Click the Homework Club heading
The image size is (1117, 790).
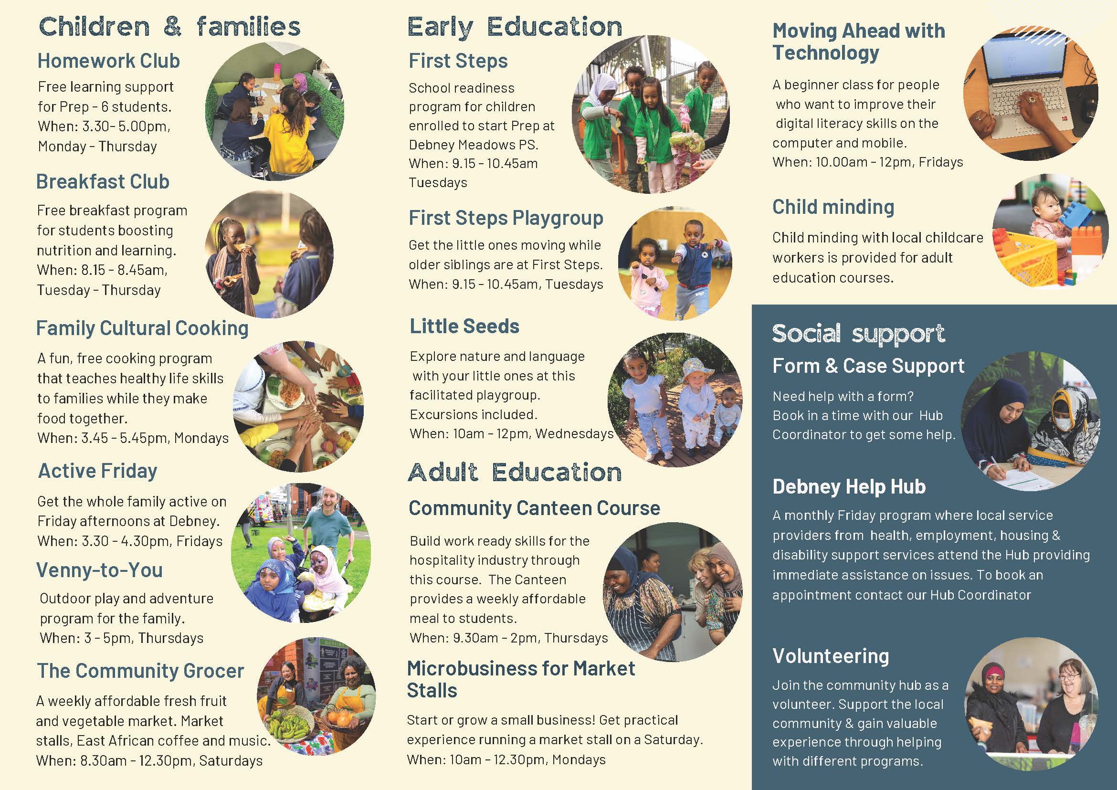pos(108,61)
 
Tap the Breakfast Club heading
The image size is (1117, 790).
pos(103,181)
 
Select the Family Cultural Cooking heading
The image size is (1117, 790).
pos(142,328)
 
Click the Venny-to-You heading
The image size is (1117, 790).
pos(99,570)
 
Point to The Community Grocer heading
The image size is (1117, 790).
pos(140,671)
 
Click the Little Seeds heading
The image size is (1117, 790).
pos(464,326)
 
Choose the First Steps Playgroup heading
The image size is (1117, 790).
pos(506,219)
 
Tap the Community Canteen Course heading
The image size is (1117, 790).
pos(534,508)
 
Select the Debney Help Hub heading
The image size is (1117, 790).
pos(849,486)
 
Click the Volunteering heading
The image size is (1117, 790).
pos(831,656)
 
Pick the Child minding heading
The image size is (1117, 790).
pos(833,207)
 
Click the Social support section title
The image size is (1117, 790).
pos(859,334)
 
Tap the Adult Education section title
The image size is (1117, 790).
pos(515,473)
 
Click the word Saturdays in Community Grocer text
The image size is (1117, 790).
pos(231,761)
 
